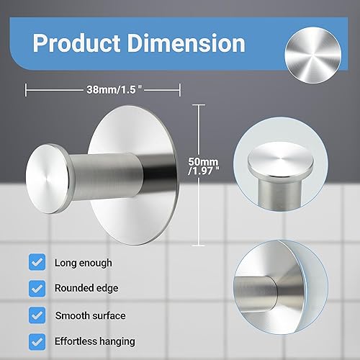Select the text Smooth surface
91,314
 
